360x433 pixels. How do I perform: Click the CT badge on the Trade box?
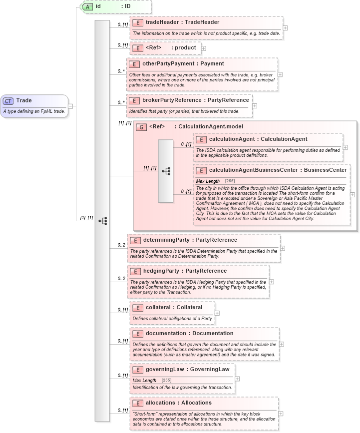coord(8,100)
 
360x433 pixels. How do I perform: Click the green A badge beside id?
coord(87,6)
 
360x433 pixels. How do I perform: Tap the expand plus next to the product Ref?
coord(204,48)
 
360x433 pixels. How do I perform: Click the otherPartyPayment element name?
coord(169,63)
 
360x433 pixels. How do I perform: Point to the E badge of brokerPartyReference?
coord(133,100)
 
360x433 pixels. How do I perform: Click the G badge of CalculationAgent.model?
coord(142,127)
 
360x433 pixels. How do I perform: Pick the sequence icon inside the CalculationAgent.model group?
coord(166,171)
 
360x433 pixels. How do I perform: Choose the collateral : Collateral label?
coord(174,307)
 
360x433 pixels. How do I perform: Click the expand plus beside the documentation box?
coord(282,344)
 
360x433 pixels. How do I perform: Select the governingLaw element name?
coord(165,370)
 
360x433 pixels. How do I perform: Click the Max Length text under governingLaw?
coord(144,381)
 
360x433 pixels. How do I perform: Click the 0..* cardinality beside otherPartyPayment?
coord(121,71)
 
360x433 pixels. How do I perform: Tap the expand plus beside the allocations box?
coord(281,414)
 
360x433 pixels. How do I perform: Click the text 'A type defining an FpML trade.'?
coord(34,111)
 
